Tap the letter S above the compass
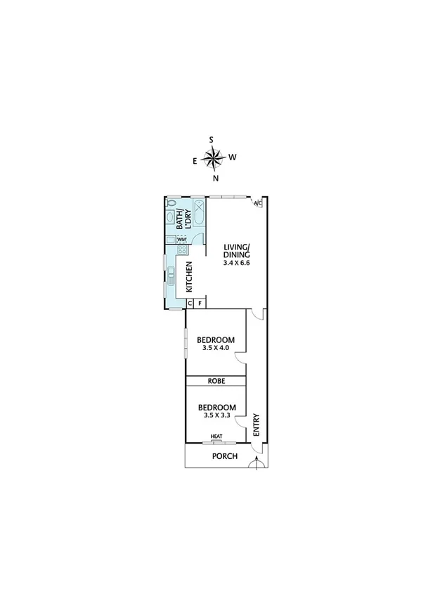(x=211, y=139)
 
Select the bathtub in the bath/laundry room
(x=199, y=214)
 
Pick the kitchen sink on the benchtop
(x=170, y=273)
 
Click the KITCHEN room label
(x=189, y=277)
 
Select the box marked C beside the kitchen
(x=190, y=304)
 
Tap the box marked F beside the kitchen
(x=200, y=304)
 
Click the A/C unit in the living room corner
(x=257, y=203)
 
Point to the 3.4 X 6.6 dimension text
(x=236, y=262)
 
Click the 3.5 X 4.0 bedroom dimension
(x=216, y=347)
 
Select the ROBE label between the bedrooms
(x=216, y=381)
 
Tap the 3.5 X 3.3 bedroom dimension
(x=216, y=415)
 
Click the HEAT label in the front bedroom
(x=216, y=436)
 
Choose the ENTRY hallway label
(x=256, y=424)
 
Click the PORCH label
(x=225, y=456)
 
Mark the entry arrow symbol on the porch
(x=258, y=462)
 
